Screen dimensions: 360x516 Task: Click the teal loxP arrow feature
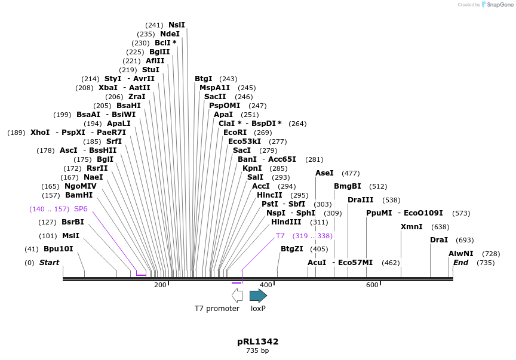[x=258, y=296]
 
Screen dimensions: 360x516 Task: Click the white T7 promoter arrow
[x=237, y=296]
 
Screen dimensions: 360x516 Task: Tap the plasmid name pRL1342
[x=257, y=341]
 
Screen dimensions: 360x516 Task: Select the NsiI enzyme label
[x=177, y=25]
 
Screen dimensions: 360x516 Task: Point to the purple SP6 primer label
[x=81, y=209]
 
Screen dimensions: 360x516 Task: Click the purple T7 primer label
[x=280, y=236]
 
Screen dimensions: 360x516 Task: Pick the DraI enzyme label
[x=439, y=240]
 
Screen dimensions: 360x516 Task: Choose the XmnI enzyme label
[x=411, y=227]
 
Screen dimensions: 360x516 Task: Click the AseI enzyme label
[x=324, y=173]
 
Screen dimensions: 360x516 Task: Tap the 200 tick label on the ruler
[x=160, y=285]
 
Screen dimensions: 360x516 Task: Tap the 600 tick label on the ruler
[x=372, y=285]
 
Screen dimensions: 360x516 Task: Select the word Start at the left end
[x=50, y=263]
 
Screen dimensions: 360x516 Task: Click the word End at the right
[x=460, y=263]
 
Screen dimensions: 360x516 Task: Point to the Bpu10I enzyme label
[x=59, y=249]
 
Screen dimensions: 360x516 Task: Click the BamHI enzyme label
[x=79, y=195]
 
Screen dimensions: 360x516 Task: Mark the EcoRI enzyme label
[x=235, y=133]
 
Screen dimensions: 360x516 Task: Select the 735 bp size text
[x=257, y=351]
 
